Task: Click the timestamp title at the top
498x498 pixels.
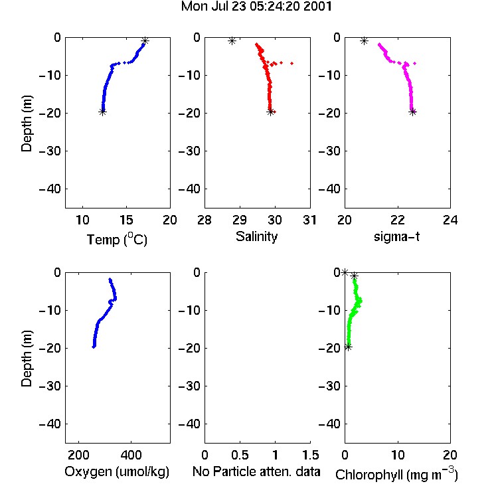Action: pos(256,7)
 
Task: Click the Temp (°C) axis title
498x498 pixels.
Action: pos(117,239)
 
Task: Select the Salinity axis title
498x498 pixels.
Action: pos(256,237)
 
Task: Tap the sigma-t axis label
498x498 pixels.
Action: pos(396,236)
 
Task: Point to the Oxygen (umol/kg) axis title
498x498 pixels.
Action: pos(117,471)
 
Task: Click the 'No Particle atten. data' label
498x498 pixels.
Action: pos(256,471)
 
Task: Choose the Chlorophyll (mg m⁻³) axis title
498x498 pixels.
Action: pos(396,474)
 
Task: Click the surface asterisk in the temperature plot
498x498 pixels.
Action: pos(145,41)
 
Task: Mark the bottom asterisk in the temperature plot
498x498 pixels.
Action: pos(102,112)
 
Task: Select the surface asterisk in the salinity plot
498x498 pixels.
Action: pos(232,41)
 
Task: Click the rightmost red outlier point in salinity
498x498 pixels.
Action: pos(292,63)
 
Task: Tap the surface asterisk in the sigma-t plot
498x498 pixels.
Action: pos(365,41)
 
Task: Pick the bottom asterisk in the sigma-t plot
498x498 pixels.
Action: pos(412,112)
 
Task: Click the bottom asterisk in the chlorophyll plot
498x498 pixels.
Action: pos(348,347)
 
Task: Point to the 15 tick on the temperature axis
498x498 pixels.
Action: pos(126,220)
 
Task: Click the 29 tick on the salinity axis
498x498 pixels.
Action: pos(240,220)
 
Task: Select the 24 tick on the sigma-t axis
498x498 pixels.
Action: pos(450,220)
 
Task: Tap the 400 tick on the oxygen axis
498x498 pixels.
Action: pos(131,455)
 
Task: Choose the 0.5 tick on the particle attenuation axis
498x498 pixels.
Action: pos(240,455)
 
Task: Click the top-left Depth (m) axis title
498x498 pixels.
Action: pos(27,124)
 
